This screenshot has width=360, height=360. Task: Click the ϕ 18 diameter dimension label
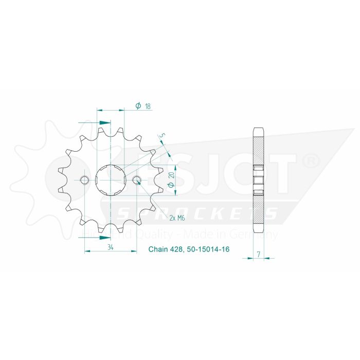[143, 106]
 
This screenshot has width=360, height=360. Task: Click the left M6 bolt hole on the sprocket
[85, 180]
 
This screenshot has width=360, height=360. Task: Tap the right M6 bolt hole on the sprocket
[137, 180]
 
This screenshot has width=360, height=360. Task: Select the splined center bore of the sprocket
[111, 180]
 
